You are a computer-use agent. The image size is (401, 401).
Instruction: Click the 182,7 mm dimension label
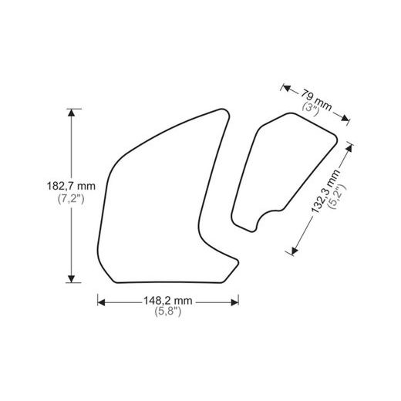(x=71, y=186)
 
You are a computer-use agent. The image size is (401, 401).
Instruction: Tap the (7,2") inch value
(x=71, y=199)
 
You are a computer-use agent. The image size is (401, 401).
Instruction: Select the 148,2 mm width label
(x=167, y=300)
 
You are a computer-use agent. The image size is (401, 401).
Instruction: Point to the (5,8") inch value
(x=167, y=312)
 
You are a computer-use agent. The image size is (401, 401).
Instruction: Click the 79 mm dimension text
(x=317, y=98)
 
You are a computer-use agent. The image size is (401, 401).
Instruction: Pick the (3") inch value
(x=309, y=109)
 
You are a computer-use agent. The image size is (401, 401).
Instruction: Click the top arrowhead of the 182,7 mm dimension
(x=72, y=113)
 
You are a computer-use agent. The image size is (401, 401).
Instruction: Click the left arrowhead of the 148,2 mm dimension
(x=101, y=300)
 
